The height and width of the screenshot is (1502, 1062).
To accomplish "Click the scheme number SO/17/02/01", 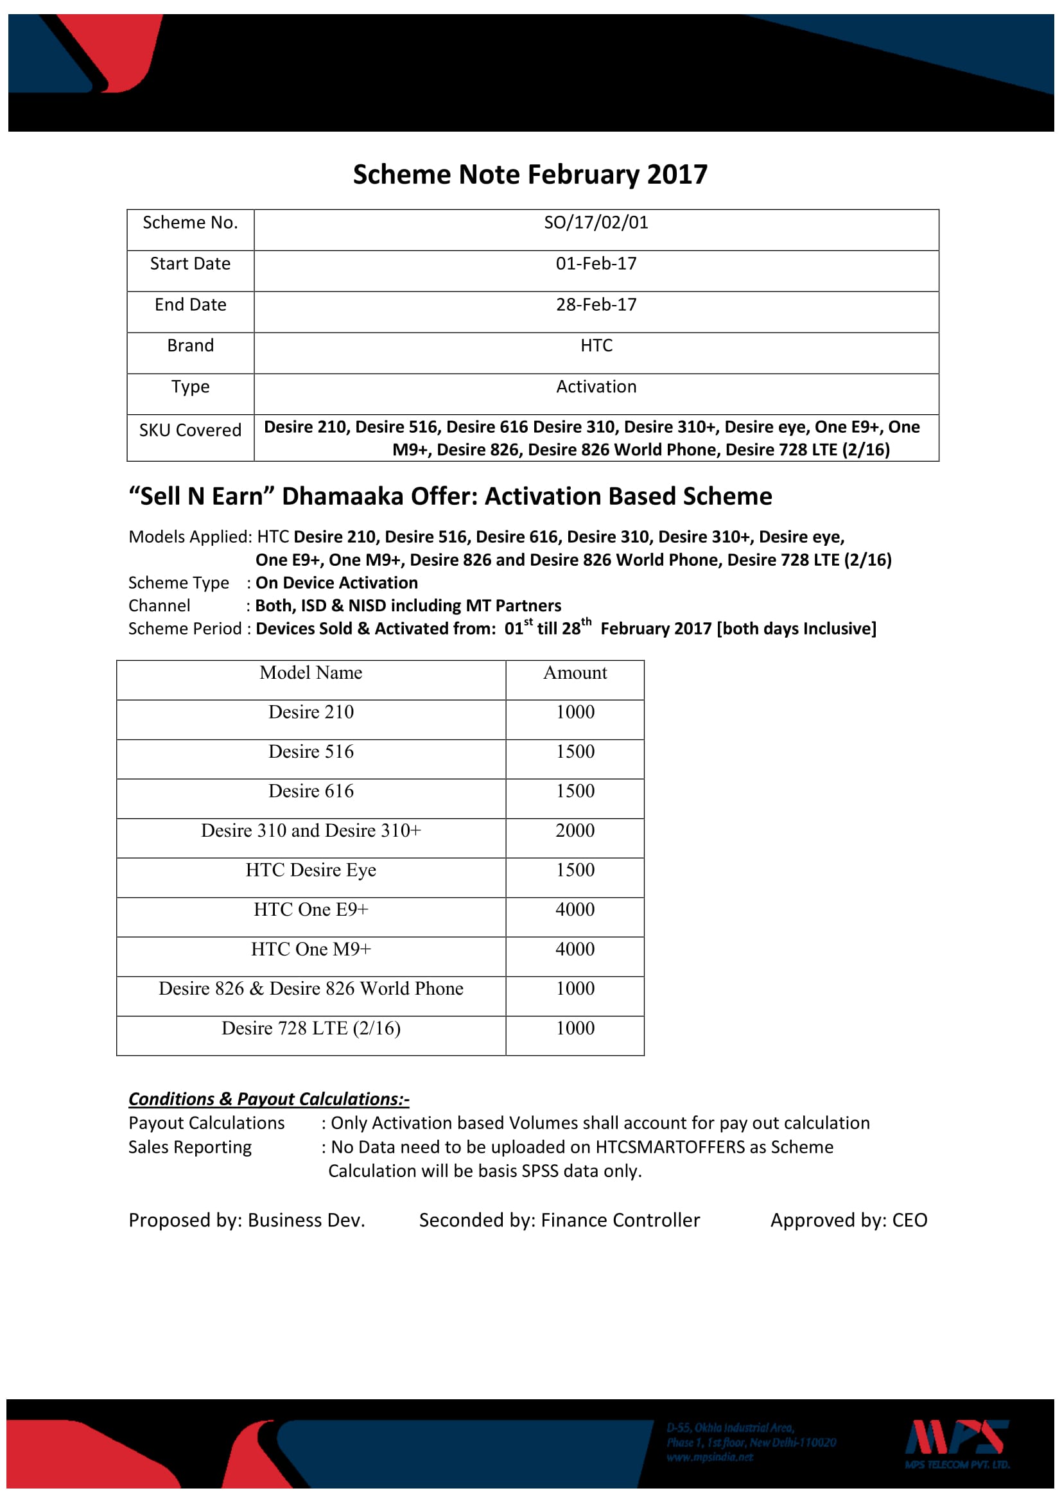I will [x=596, y=223].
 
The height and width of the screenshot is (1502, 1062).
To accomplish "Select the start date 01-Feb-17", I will [x=596, y=264].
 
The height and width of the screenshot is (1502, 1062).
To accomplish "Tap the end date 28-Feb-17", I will [x=596, y=305].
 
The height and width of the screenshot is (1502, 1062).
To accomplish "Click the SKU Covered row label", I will [x=190, y=430].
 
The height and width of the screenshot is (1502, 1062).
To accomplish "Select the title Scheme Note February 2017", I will [x=530, y=175].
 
